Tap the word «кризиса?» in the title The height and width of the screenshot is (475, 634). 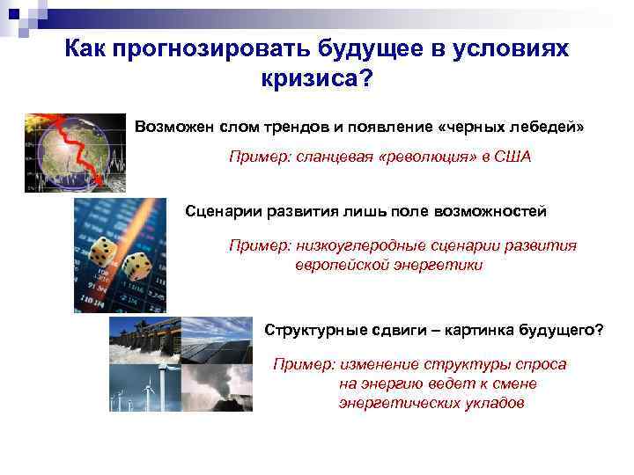(x=317, y=80)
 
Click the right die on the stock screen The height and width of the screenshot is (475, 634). (x=137, y=265)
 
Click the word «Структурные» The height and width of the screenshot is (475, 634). (x=313, y=330)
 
